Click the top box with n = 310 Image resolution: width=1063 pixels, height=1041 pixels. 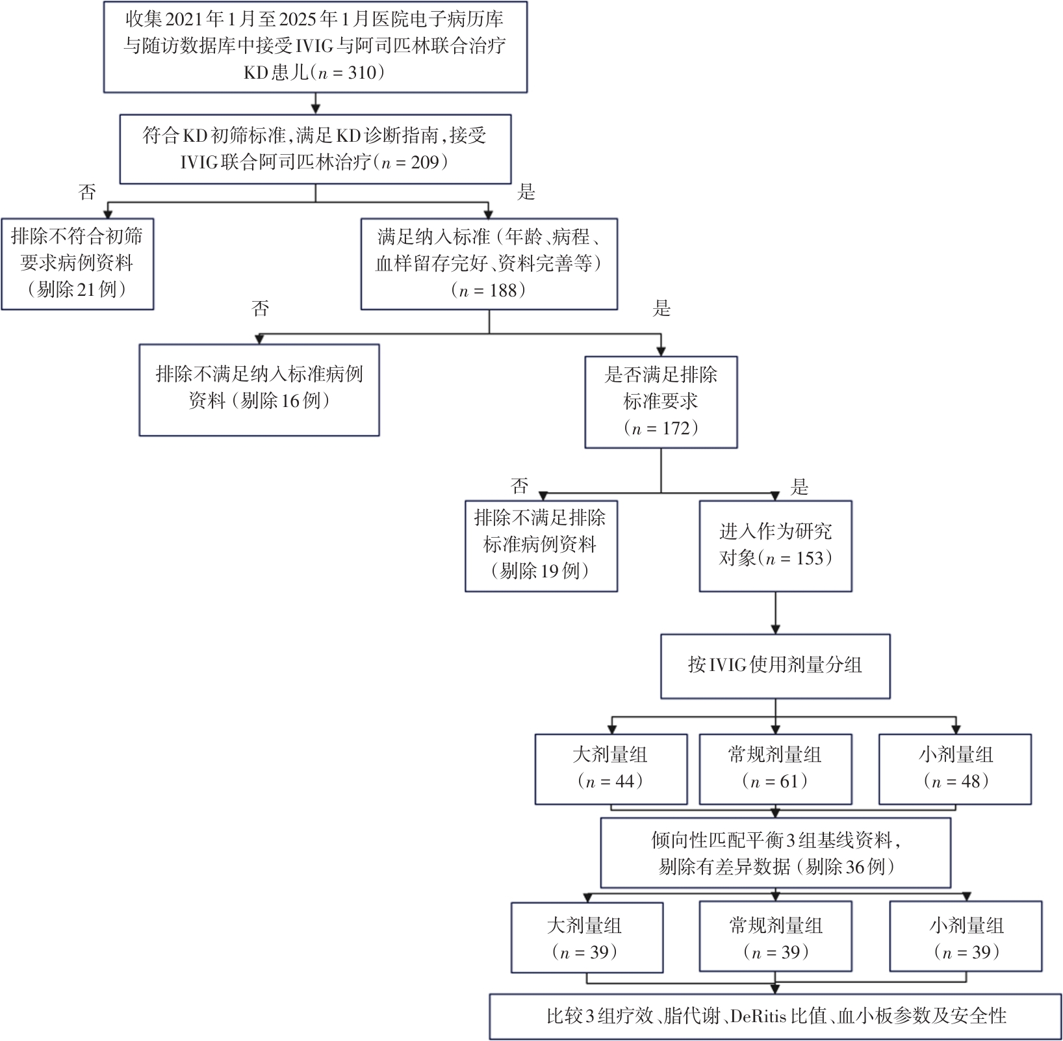pyautogui.click(x=315, y=47)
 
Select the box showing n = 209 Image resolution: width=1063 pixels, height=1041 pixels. pyautogui.click(x=315, y=149)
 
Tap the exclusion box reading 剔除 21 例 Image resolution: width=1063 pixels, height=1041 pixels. pyautogui.click(x=77, y=263)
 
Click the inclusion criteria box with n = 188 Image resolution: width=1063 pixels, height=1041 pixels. pyautogui.click(x=489, y=263)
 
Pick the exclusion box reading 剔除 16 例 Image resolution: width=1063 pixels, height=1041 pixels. pyautogui.click(x=259, y=389)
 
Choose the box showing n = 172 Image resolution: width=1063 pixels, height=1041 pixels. pyautogui.click(x=661, y=401)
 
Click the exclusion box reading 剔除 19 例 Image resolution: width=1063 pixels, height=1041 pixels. pyautogui.click(x=541, y=545)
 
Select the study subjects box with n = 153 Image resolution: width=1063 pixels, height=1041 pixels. pyautogui.click(x=775, y=545)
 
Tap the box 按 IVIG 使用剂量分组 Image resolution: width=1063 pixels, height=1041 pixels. pyautogui.click(x=775, y=665)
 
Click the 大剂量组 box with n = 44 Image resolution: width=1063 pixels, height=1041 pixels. pyautogui.click(x=611, y=769)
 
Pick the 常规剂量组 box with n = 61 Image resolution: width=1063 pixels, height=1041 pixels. pyautogui.click(x=775, y=769)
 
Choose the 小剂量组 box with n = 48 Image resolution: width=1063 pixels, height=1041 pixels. pyautogui.click(x=955, y=769)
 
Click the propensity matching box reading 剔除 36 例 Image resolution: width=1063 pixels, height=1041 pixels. pyautogui.click(x=775, y=853)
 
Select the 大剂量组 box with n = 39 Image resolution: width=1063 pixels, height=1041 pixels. pyautogui.click(x=587, y=938)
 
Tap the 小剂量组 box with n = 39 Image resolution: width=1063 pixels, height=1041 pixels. pyautogui.click(x=966, y=938)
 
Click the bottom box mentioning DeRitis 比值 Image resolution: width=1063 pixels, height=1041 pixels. pyautogui.click(x=775, y=1016)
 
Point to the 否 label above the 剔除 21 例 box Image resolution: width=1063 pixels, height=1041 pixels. pyautogui.click(x=87, y=192)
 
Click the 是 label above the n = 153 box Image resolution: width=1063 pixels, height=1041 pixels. pyautogui.click(x=799, y=486)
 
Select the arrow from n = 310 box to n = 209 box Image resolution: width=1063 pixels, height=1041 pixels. pyautogui.click(x=316, y=103)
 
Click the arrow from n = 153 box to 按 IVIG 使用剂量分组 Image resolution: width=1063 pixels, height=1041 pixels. pyautogui.click(x=775, y=613)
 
